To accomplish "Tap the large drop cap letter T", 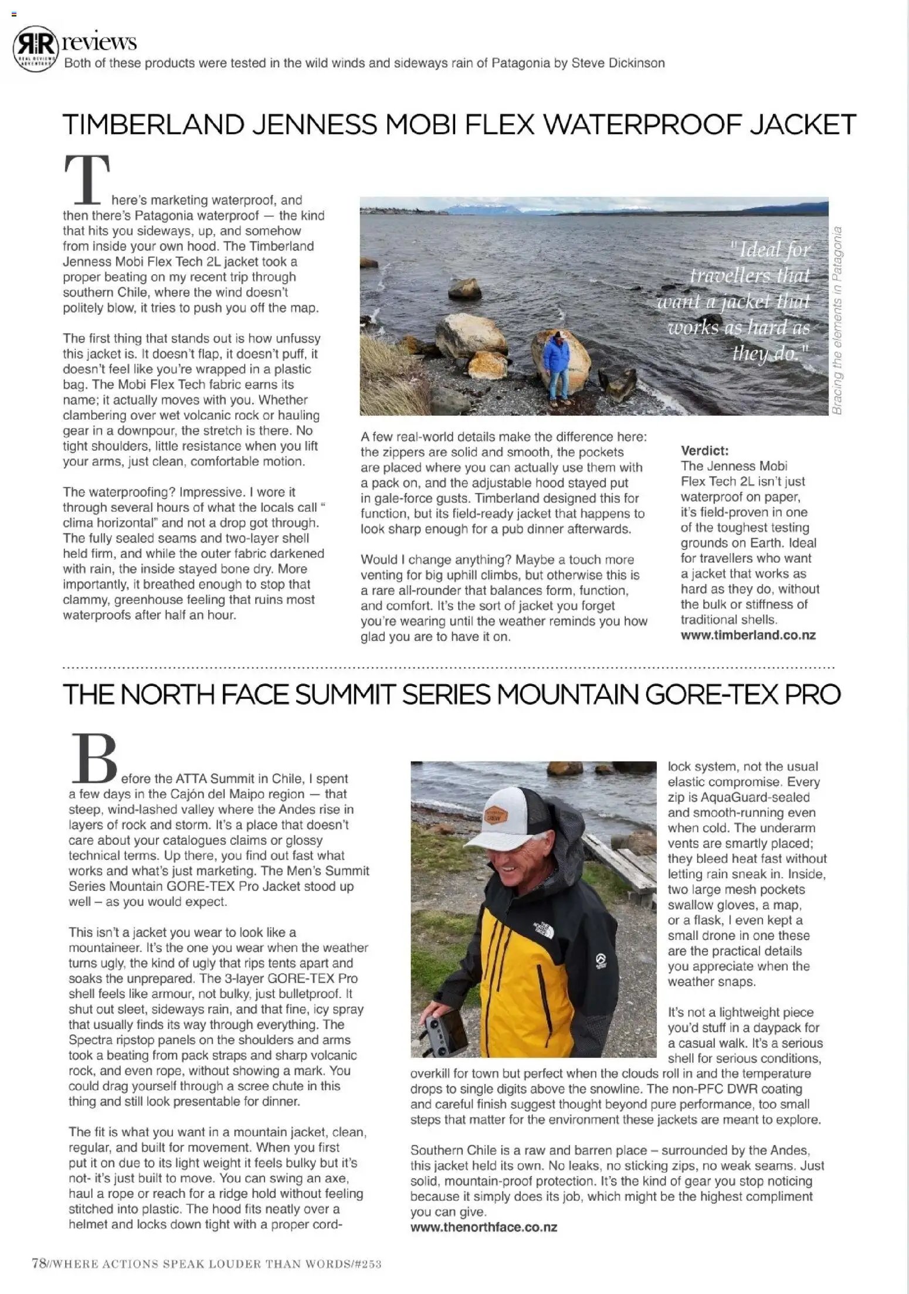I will pos(87,178).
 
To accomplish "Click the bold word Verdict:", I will pos(704,450).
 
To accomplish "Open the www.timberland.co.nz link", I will pos(748,635).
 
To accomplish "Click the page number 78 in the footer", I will pos(39,1264).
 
